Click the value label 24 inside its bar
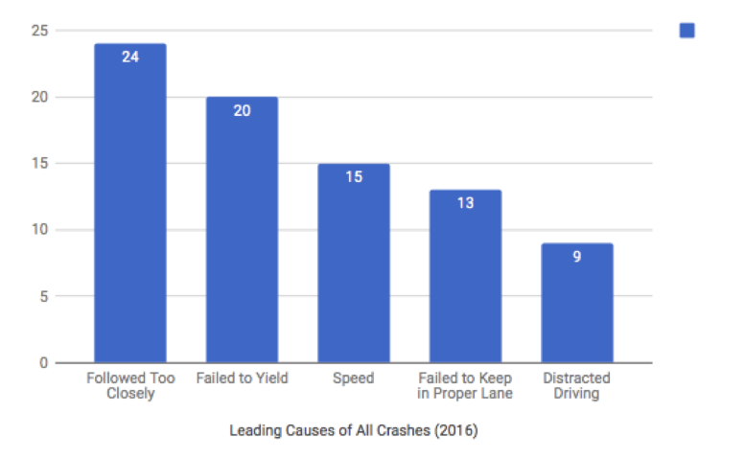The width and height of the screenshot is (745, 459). click(130, 57)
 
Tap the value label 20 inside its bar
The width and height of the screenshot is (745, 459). click(242, 110)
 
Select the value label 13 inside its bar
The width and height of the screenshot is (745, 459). click(465, 203)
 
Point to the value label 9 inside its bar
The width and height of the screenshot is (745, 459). click(576, 257)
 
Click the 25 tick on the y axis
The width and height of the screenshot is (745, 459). click(38, 31)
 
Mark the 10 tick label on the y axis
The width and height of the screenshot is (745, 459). click(38, 230)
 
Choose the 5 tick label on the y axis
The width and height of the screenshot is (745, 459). click(42, 296)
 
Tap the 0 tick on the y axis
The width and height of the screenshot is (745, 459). click(42, 362)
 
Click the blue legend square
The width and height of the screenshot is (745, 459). click(687, 31)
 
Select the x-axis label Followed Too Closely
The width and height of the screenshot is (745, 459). click(130, 385)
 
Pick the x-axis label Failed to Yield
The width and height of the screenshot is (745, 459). click(242, 379)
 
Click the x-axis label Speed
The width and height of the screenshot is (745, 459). click(353, 379)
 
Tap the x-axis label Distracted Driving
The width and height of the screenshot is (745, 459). click(576, 385)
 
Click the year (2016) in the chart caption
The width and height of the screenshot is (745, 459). click(456, 430)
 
